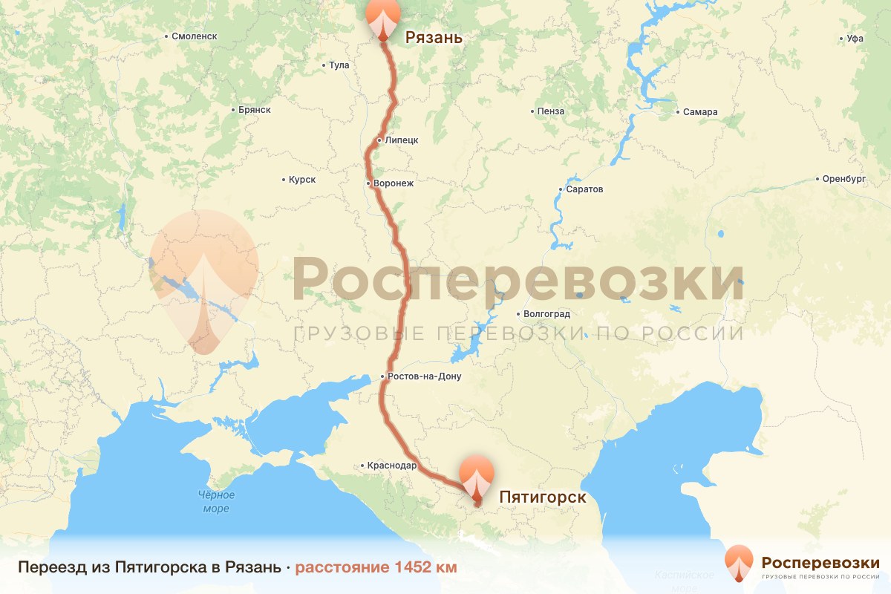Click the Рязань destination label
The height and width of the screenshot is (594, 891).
pyautogui.click(x=433, y=38)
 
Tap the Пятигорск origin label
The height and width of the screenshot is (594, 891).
pyautogui.click(x=543, y=497)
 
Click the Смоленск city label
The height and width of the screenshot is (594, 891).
pyautogui.click(x=194, y=36)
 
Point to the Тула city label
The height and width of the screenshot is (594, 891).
pyautogui.click(x=338, y=65)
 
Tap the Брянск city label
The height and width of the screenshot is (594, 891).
pyautogui.click(x=255, y=110)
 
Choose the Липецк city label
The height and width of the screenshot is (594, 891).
pyautogui.click(x=402, y=140)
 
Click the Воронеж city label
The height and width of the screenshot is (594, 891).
pyautogui.click(x=394, y=183)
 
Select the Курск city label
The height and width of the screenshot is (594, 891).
pyautogui.click(x=303, y=180)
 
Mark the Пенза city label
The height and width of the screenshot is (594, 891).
pyautogui.click(x=552, y=111)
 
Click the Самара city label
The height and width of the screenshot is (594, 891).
pyautogui.click(x=701, y=112)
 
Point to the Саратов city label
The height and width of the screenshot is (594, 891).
pyautogui.click(x=584, y=189)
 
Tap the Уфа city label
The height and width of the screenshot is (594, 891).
pyautogui.click(x=855, y=39)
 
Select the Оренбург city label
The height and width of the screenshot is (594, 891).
pyautogui.click(x=844, y=179)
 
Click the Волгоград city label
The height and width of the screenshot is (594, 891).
pyautogui.click(x=546, y=314)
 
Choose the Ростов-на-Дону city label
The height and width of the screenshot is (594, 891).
pyautogui.click(x=424, y=376)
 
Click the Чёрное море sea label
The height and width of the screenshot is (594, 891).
pyautogui.click(x=216, y=502)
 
